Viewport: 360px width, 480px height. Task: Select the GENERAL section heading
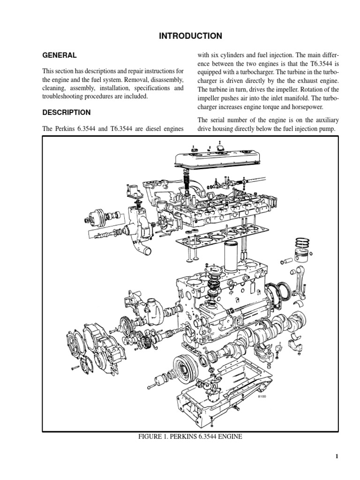point(60,55)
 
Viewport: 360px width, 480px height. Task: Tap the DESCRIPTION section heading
point(67,112)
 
